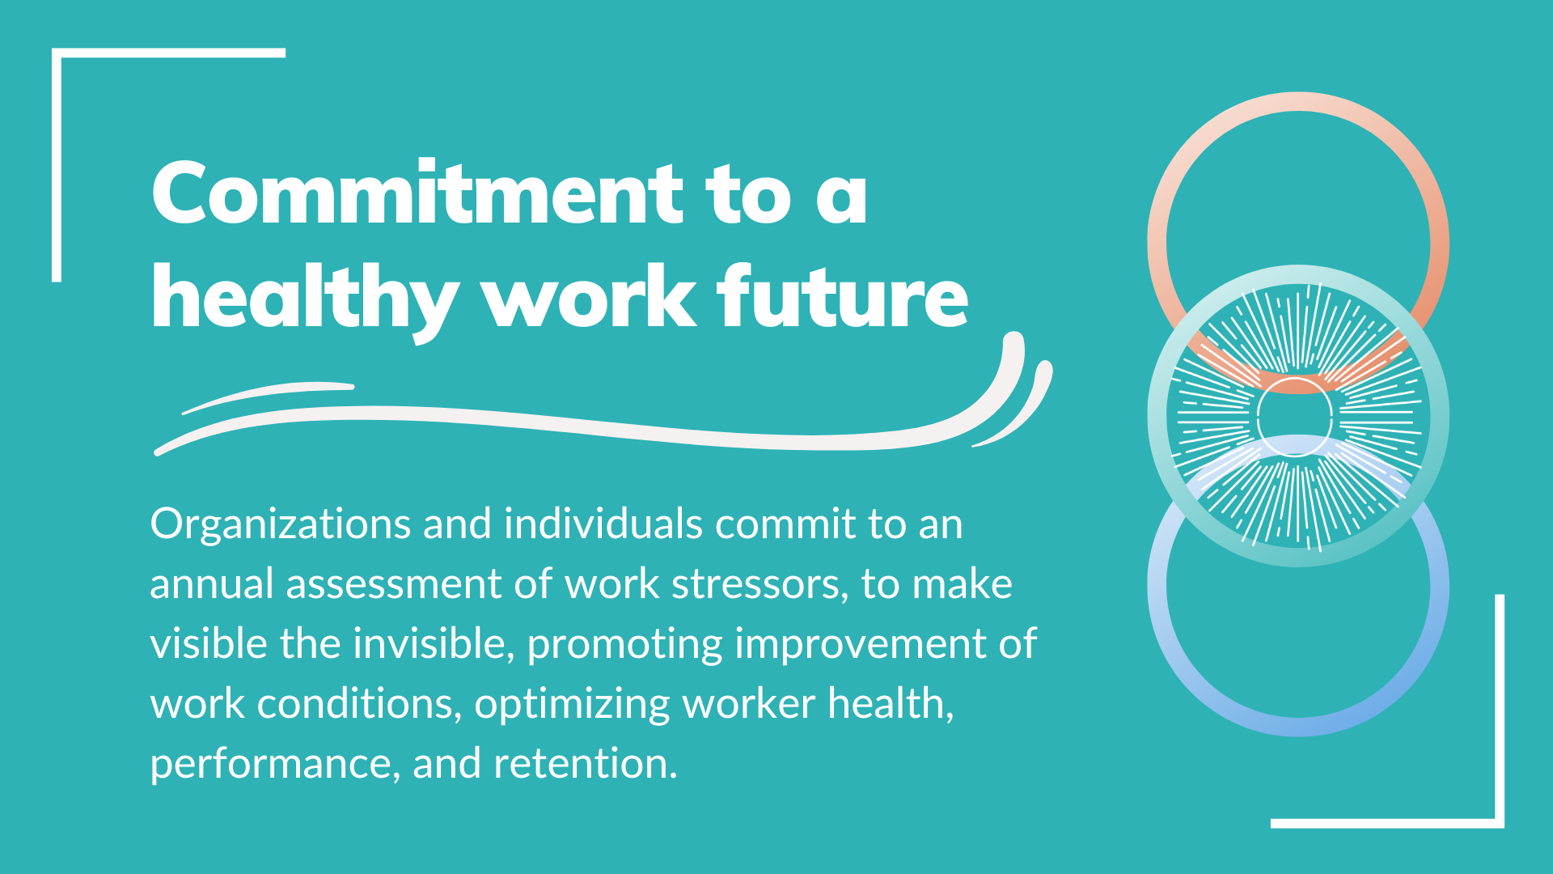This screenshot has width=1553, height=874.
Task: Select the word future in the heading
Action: coord(844,296)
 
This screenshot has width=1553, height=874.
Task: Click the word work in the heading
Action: coord(590,296)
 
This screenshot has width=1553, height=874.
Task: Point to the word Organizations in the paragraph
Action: coord(281,525)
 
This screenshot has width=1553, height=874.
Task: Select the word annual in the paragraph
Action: coord(212,583)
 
